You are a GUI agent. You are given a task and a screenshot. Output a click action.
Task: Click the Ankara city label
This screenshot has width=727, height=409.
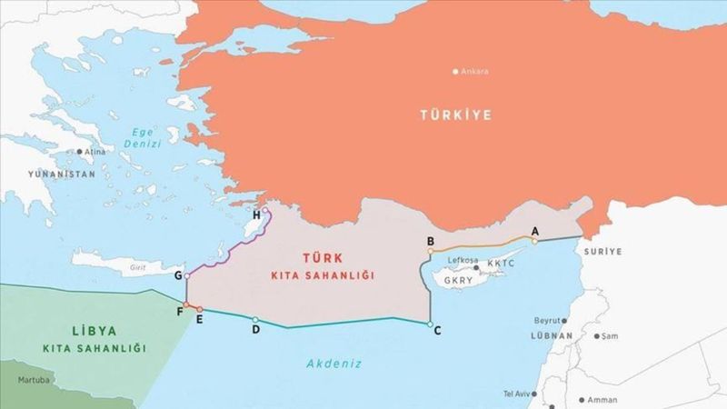pyautogui.click(x=474, y=72)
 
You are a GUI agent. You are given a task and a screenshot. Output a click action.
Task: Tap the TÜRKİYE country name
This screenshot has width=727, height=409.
pyautogui.click(x=454, y=115)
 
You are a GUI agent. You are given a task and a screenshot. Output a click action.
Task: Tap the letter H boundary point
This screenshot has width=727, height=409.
pyautogui.click(x=258, y=214)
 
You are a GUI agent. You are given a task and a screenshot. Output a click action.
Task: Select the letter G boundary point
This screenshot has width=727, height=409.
pyautogui.click(x=178, y=274)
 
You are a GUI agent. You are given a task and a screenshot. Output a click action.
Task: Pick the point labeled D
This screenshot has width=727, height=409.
pyautogui.click(x=256, y=328)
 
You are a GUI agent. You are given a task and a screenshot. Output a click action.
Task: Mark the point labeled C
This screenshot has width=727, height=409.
pyautogui.click(x=437, y=330)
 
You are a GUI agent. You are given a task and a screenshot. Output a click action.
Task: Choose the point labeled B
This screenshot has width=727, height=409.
pyautogui.click(x=431, y=241)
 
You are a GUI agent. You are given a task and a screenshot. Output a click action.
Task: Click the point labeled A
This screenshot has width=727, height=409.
pyautogui.click(x=535, y=232)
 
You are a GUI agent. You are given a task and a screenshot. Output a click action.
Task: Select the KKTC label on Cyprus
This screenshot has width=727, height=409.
pyautogui.click(x=501, y=264)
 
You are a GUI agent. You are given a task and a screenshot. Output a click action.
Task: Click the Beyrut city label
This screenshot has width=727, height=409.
pyautogui.click(x=548, y=321)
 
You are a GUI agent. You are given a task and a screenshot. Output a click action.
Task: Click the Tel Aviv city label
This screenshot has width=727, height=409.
pyautogui.click(x=519, y=394)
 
